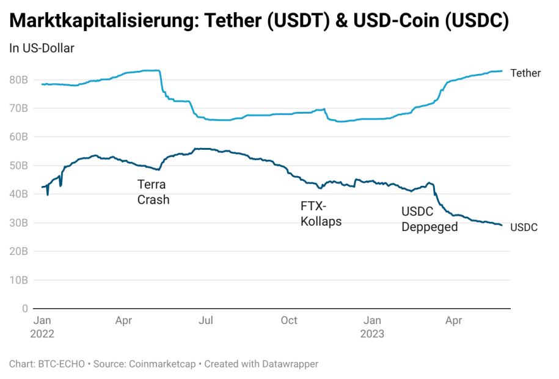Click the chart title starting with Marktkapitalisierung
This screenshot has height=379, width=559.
pyautogui.click(x=259, y=21)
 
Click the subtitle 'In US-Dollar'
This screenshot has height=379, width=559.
pyautogui.click(x=42, y=48)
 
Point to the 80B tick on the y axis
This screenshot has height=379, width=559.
pyautogui.click(x=18, y=80)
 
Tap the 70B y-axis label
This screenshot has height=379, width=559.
pyautogui.click(x=18, y=109)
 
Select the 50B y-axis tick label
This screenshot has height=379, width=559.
pyautogui.click(x=18, y=166)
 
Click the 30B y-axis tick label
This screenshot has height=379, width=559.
pyautogui.click(x=18, y=223)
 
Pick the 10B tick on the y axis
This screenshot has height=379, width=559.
pyautogui.click(x=18, y=280)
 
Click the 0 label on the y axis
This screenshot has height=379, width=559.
pyautogui.click(x=24, y=309)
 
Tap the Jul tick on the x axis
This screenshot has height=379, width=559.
pyautogui.click(x=206, y=320)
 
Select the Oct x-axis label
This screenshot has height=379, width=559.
pyautogui.click(x=289, y=320)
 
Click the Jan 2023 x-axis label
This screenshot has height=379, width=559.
pyautogui.click(x=372, y=327)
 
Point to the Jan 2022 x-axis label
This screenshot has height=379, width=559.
pyautogui.click(x=42, y=327)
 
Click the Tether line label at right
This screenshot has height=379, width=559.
pyautogui.click(x=525, y=73)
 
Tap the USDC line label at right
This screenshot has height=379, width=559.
pyautogui.click(x=524, y=228)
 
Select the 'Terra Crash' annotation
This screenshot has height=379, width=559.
pyautogui.click(x=153, y=192)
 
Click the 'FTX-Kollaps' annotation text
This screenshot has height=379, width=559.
pyautogui.click(x=321, y=214)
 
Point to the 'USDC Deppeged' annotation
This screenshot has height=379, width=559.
pyautogui.click(x=429, y=219)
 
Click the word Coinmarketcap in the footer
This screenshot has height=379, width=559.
pyautogui.click(x=162, y=364)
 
